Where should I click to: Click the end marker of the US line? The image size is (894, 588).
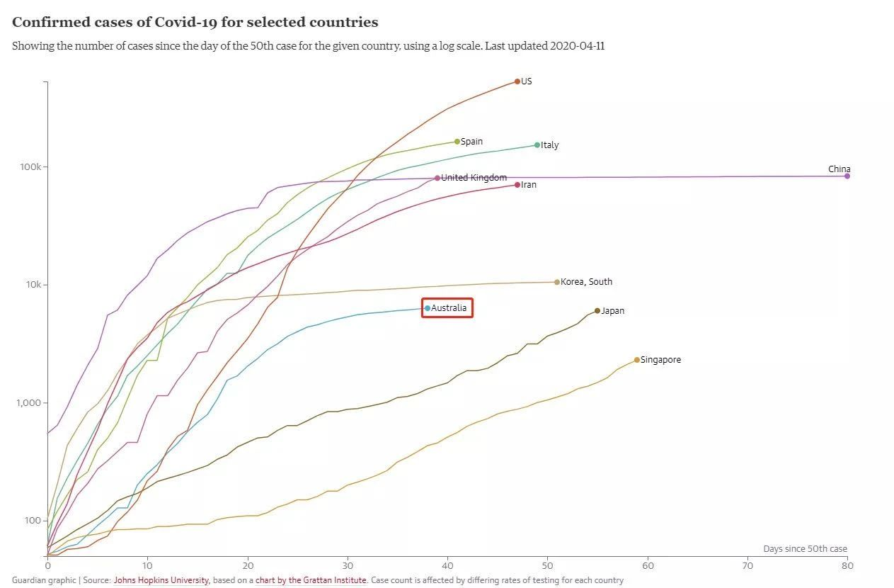tap(517, 81)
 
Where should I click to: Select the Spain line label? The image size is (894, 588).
tap(471, 142)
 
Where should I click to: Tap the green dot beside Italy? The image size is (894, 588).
tap(537, 145)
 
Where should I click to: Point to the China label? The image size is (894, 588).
tap(839, 169)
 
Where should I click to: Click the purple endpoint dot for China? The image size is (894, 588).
tap(847, 176)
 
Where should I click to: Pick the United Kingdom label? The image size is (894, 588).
tap(474, 178)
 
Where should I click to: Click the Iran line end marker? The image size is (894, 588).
tap(517, 185)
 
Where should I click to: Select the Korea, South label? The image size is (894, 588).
tap(586, 282)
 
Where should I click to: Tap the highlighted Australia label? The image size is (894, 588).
tap(449, 308)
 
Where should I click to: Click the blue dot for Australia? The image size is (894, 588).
tap(428, 308)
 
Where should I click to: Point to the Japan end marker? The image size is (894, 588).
tap(597, 310)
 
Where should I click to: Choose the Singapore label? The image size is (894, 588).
tap(660, 360)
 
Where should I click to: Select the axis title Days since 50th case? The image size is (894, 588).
tap(805, 549)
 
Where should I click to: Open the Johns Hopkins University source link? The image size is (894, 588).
tap(161, 580)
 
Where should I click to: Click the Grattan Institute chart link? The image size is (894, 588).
tap(311, 580)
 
